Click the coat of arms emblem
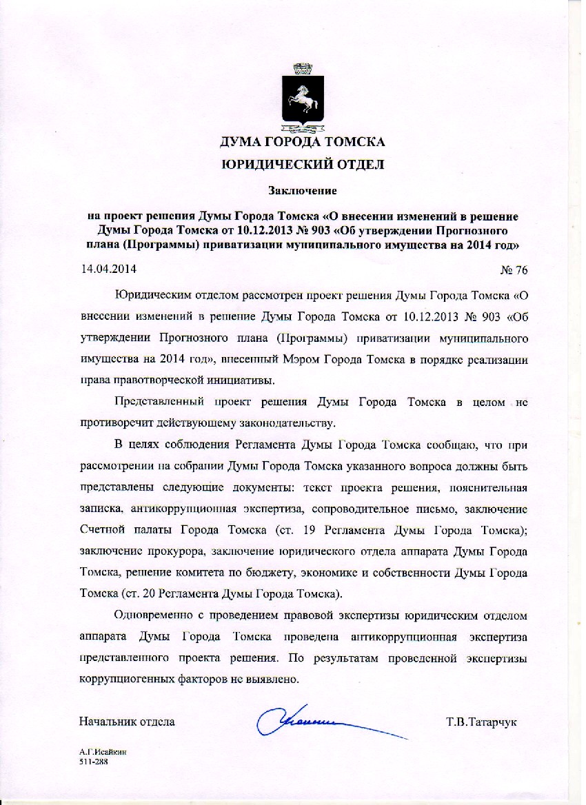(302, 99)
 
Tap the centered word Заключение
(302, 187)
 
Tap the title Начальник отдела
(127, 722)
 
